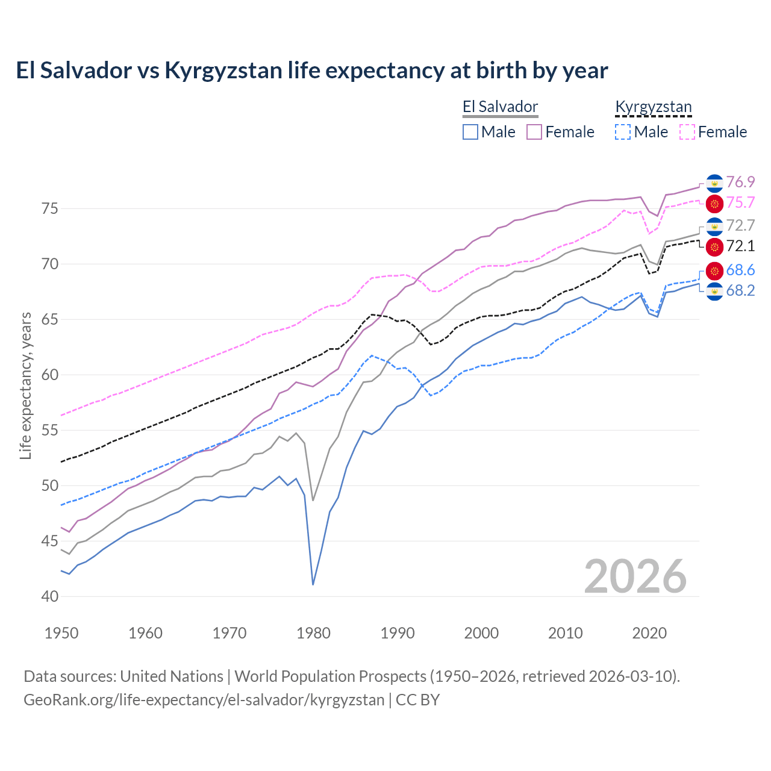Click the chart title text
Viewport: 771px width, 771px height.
pyautogui.click(x=312, y=70)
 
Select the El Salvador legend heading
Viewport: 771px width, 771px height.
pyautogui.click(x=500, y=107)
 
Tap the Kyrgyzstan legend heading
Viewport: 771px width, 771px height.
pyautogui.click(x=653, y=107)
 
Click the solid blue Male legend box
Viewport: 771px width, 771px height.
pyautogui.click(x=470, y=132)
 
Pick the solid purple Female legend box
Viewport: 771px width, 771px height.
pyautogui.click(x=534, y=132)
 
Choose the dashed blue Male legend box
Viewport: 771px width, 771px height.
pyautogui.click(x=623, y=132)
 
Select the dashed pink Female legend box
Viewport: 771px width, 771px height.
pyautogui.click(x=687, y=132)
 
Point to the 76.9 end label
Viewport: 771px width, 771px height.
pyautogui.click(x=740, y=182)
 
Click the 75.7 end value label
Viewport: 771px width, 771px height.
pyautogui.click(x=740, y=203)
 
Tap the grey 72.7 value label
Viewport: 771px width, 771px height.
pyautogui.click(x=740, y=225)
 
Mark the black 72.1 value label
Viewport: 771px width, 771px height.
pyautogui.click(x=740, y=246)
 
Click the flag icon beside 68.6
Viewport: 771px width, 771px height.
pyautogui.click(x=714, y=270)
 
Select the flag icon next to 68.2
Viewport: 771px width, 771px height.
pyautogui.click(x=714, y=292)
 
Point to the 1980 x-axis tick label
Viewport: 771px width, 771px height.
pyautogui.click(x=313, y=633)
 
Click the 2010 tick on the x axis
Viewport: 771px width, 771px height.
pyautogui.click(x=565, y=633)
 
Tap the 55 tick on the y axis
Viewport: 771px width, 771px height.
pyautogui.click(x=50, y=430)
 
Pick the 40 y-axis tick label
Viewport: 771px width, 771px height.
pyautogui.click(x=50, y=596)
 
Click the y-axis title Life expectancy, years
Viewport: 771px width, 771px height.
pyautogui.click(x=25, y=385)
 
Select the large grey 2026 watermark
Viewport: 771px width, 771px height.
pyautogui.click(x=635, y=576)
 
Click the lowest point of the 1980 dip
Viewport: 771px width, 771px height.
pyautogui.click(x=313, y=584)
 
